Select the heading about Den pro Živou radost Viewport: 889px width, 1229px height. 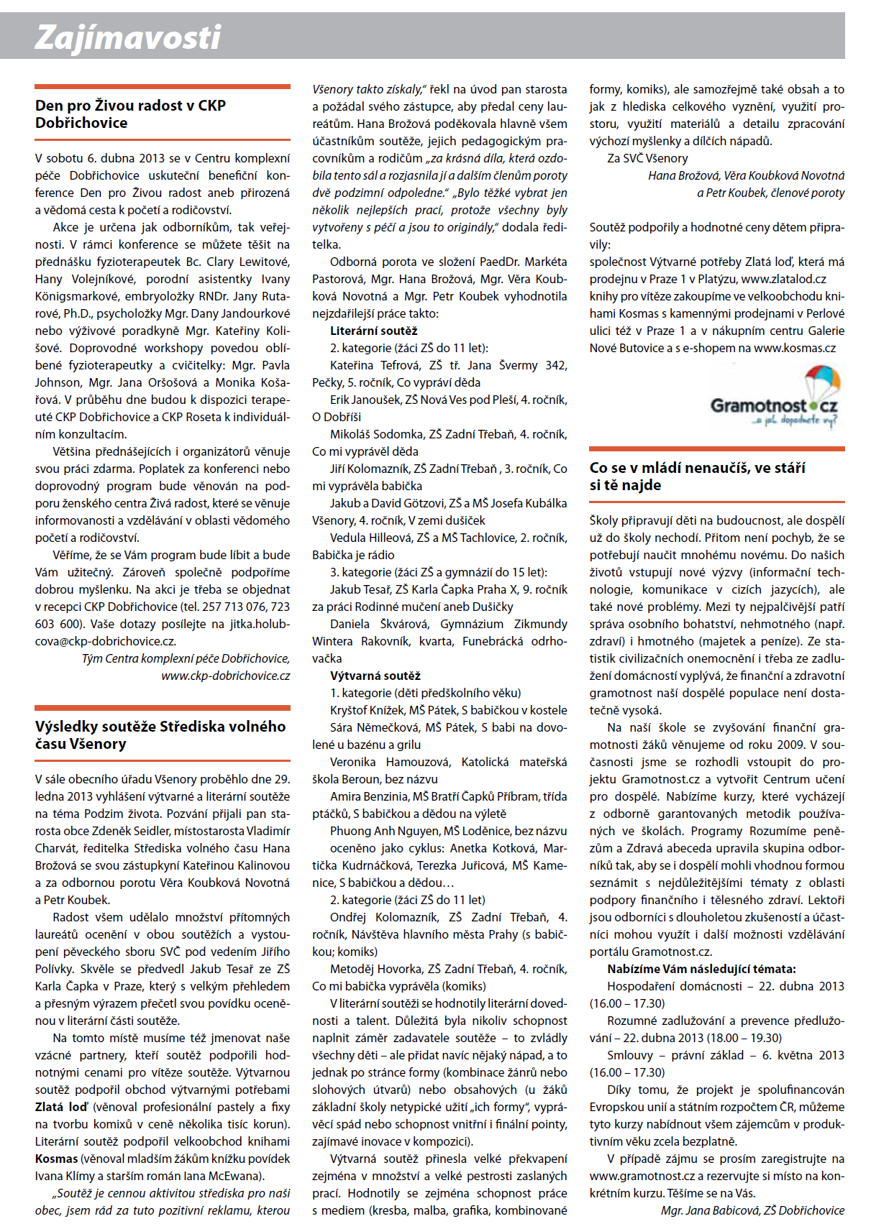[x=130, y=114]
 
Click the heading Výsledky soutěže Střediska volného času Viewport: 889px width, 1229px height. [x=160, y=735]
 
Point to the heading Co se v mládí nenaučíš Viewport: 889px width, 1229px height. [x=697, y=476]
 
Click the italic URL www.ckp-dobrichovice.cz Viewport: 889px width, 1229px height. [x=225, y=676]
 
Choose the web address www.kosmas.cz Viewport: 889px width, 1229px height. [x=794, y=348]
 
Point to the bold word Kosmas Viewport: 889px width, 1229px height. [x=56, y=1159]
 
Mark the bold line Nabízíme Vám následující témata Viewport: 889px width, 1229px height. [x=701, y=969]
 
